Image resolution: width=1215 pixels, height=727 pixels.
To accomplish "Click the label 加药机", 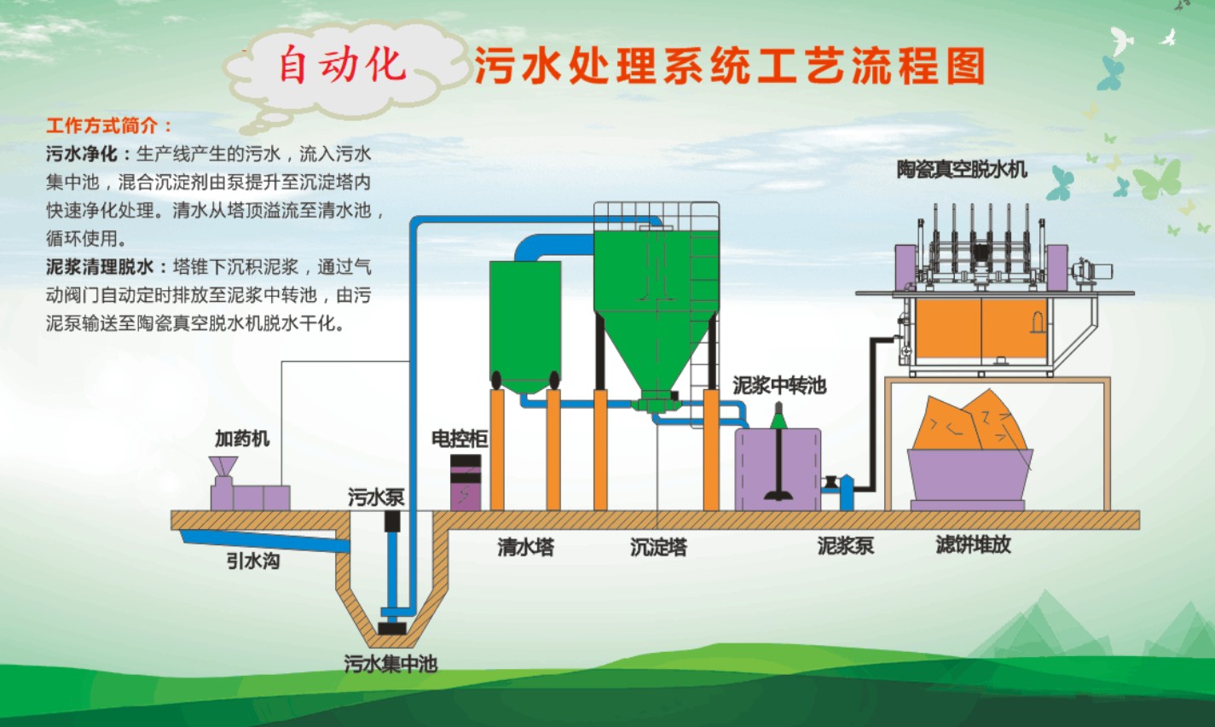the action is coord(242,438).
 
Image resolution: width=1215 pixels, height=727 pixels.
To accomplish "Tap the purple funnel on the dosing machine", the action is coord(223,467).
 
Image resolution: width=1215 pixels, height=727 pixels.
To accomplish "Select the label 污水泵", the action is coord(376,497).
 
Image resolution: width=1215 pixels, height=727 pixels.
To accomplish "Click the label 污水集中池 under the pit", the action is coord(391,664).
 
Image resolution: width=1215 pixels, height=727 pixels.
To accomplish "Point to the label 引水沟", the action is coord(253,561).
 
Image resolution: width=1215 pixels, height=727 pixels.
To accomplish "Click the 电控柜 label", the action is coord(460,438).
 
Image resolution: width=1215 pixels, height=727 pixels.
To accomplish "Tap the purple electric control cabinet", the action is coord(466,482).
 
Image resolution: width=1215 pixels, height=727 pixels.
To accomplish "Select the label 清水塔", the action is coord(525,546).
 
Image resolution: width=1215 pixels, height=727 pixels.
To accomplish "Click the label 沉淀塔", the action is coord(658,547).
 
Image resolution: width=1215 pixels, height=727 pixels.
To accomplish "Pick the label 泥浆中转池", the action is coord(779,385).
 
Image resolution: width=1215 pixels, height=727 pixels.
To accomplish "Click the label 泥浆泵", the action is coord(846,545).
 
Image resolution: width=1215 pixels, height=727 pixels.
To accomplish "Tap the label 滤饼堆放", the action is coord(974,544).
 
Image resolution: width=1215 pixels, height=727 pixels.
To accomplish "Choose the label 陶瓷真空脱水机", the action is coord(962,170).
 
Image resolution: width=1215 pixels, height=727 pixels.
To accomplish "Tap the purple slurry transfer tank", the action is coord(778,469).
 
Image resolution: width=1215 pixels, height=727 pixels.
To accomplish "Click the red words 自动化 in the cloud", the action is coord(342,65).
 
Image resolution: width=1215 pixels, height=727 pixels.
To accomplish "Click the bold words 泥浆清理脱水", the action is coord(100,266).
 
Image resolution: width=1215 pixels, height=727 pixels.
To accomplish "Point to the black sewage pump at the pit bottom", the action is coord(391,628).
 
